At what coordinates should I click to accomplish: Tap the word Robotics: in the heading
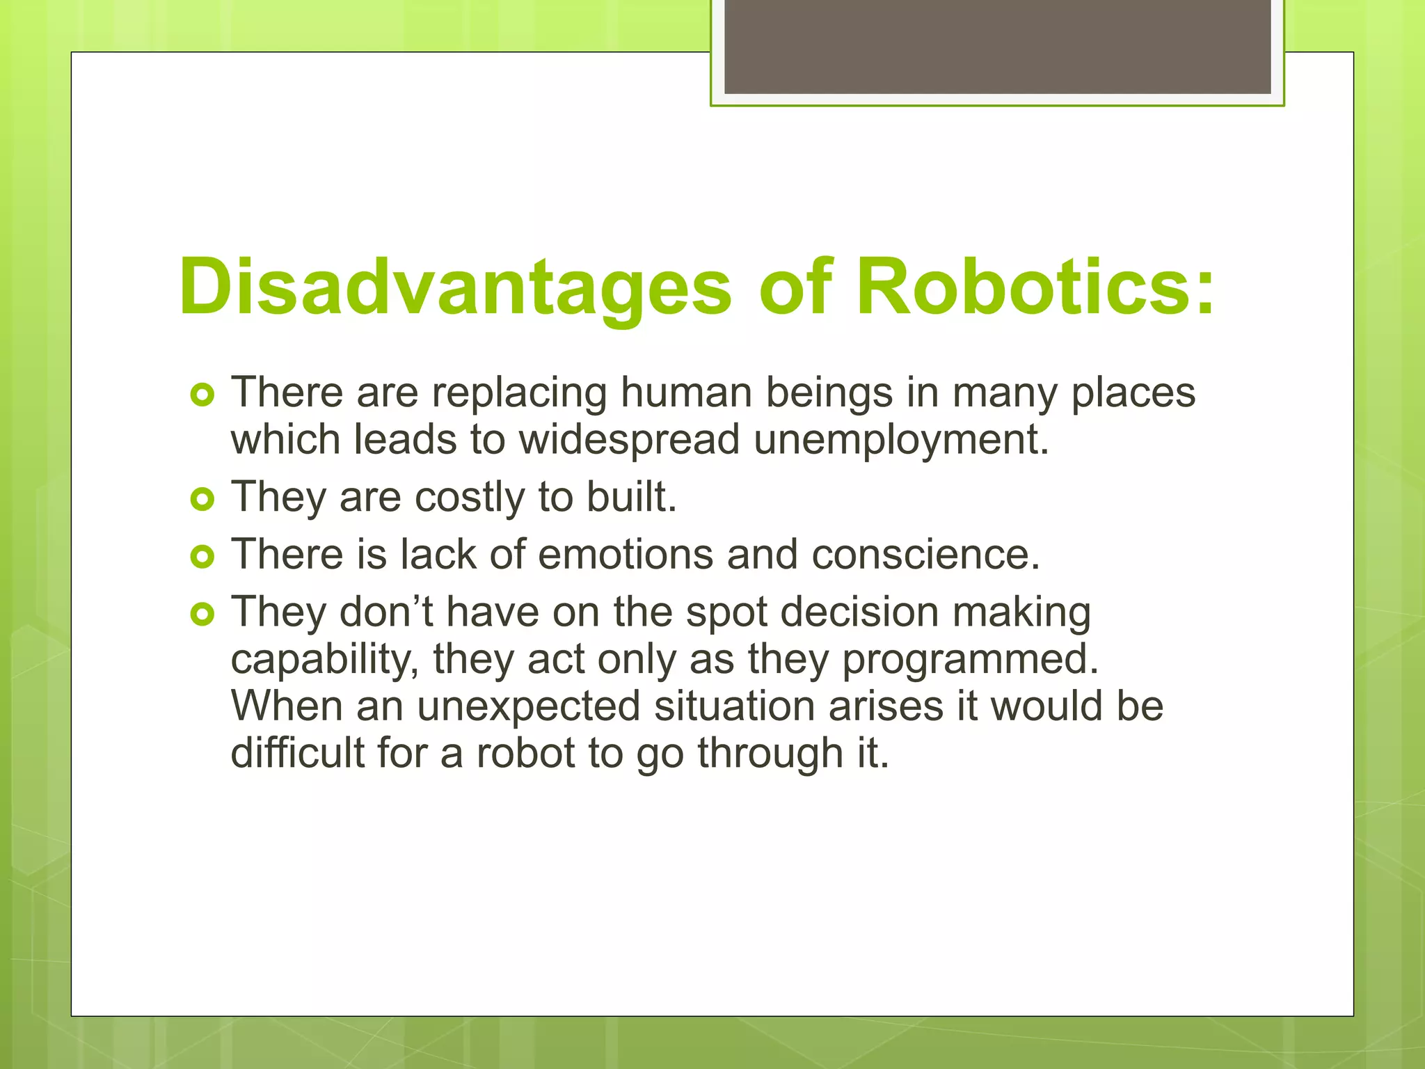coord(1035,287)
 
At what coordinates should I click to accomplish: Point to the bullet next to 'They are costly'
coord(202,499)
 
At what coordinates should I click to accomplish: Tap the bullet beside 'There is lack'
coord(202,556)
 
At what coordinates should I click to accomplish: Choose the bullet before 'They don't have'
coord(202,614)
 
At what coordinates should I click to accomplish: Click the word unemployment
coord(901,441)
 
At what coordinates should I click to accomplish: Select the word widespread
coord(629,441)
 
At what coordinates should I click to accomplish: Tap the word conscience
coord(925,555)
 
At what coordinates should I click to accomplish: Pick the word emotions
coord(626,555)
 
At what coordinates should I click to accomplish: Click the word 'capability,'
coord(324,660)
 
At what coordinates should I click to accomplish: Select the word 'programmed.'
coord(970,660)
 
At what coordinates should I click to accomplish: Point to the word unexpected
coord(528,707)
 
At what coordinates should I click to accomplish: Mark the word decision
coord(859,613)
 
